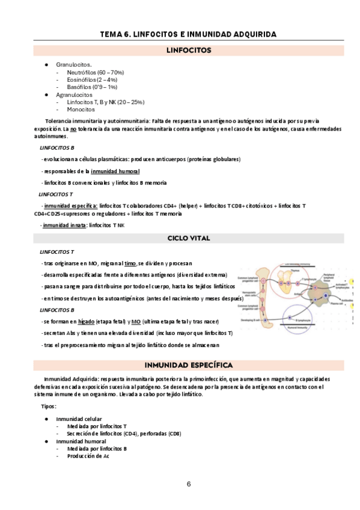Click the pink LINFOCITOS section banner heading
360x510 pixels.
[x=188, y=51]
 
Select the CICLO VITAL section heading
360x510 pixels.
[x=188, y=238]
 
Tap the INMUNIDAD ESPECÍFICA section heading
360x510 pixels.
[x=188, y=365]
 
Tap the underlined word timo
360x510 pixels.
[x=129, y=263]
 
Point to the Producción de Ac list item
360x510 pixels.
[x=88, y=456]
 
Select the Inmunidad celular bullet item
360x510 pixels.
[x=79, y=419]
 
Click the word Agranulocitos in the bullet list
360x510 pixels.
[x=74, y=94]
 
